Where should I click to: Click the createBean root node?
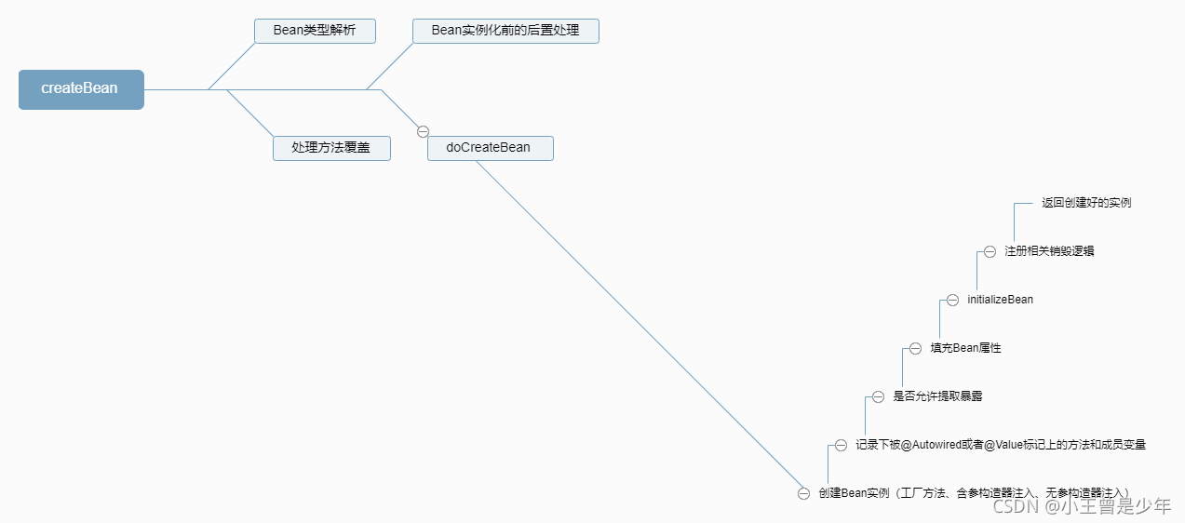click(81, 89)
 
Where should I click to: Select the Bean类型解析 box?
click(315, 31)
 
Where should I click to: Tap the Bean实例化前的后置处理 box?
click(505, 31)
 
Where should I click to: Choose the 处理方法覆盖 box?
click(331, 148)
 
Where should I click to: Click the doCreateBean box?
click(490, 148)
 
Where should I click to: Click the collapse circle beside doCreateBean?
click(423, 131)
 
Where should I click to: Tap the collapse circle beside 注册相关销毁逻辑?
click(990, 251)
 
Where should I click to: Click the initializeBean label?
click(1000, 300)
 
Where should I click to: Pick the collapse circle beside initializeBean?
click(952, 300)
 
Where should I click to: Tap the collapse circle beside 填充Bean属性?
click(915, 348)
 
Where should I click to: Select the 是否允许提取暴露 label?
click(937, 396)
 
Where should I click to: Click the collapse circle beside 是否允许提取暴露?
click(878, 396)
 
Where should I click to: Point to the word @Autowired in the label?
click(928, 445)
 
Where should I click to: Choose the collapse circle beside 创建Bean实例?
click(803, 493)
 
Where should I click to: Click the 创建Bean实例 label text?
click(855, 493)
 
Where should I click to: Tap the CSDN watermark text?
click(1016, 506)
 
